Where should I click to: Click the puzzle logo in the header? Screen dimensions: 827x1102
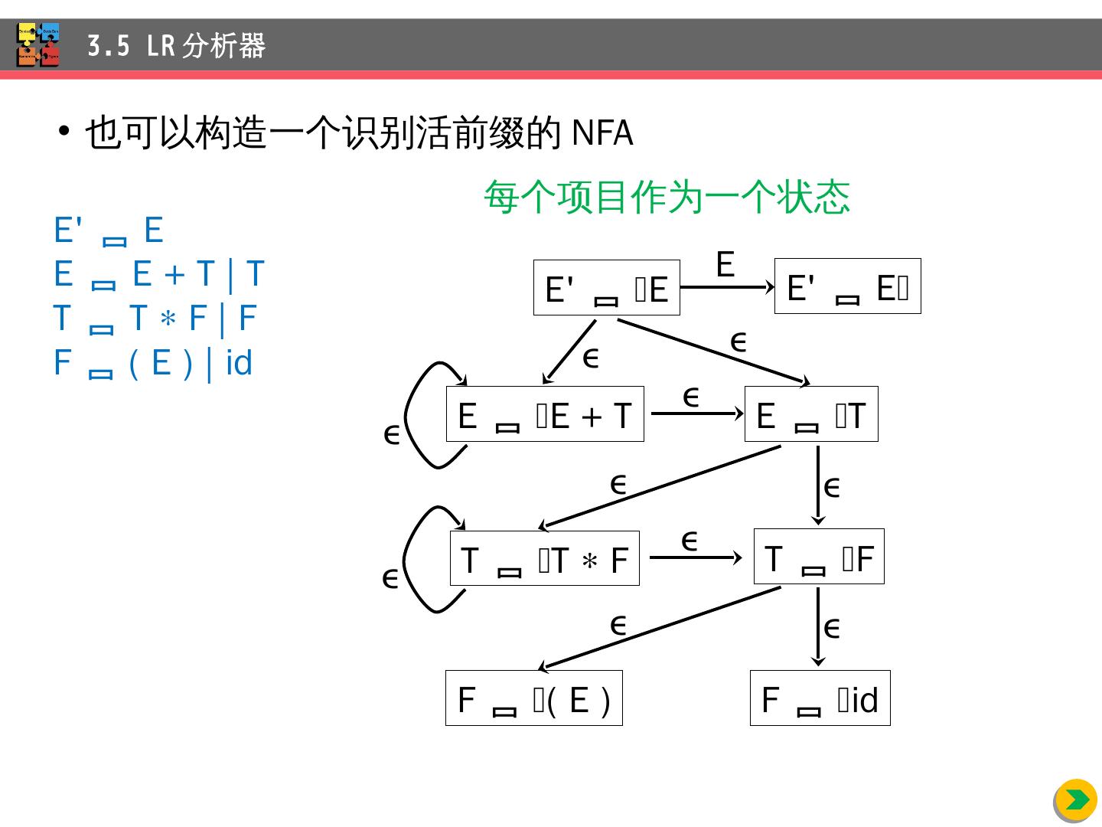(38, 44)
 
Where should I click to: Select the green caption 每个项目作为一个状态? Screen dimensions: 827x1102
(667, 197)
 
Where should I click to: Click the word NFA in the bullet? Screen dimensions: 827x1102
(602, 133)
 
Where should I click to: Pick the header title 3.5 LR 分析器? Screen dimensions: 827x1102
(176, 46)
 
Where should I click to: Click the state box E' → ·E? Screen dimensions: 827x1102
(606, 288)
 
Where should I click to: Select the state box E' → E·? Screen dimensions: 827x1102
(847, 286)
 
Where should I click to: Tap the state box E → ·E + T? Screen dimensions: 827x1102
(545, 414)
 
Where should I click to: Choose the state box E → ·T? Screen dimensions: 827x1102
(811, 414)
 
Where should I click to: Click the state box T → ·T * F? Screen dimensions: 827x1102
(545, 558)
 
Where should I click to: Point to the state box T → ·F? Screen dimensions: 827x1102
(819, 557)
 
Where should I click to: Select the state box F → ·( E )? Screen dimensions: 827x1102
(534, 698)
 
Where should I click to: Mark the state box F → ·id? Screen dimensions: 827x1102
(820, 698)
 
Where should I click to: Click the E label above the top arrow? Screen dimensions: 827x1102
(725, 265)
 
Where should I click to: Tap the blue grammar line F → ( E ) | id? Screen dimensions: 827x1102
(153, 362)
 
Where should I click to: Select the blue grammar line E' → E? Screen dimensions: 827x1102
(109, 230)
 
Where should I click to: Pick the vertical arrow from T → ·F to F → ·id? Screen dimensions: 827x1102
(818, 626)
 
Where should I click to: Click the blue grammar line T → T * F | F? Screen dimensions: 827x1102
(155, 318)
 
